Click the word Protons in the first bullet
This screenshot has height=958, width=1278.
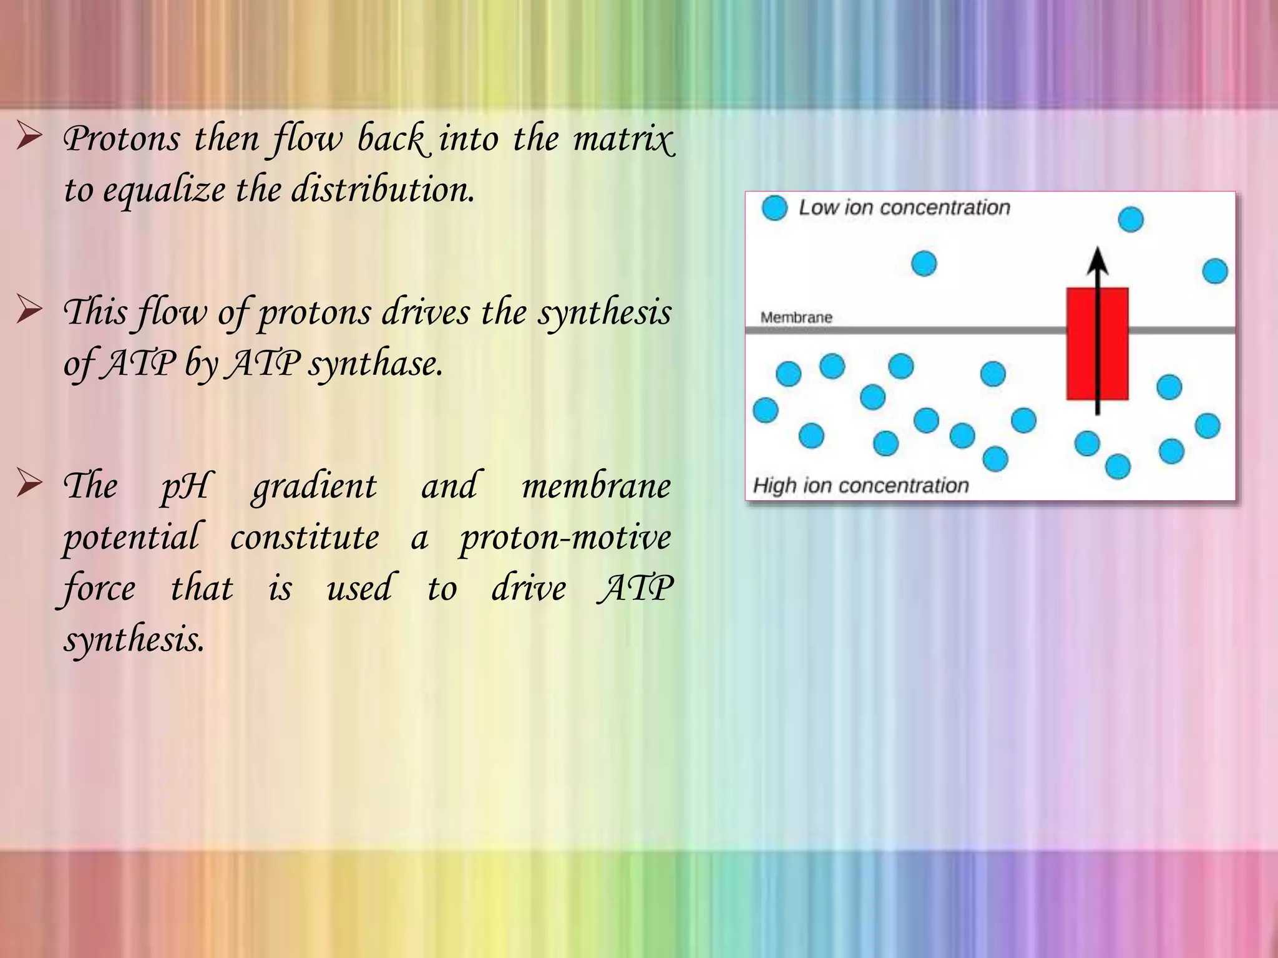point(122,138)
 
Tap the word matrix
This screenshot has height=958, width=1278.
point(623,138)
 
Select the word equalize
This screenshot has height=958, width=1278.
point(164,190)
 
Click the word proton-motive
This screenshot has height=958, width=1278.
point(565,538)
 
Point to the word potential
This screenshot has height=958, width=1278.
point(132,538)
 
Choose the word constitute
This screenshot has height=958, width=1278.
point(305,537)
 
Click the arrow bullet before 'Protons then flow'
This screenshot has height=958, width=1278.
point(29,137)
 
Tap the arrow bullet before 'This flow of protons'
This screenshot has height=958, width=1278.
point(29,310)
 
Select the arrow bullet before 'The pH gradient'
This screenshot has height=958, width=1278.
point(29,483)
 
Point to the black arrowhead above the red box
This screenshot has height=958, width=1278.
point(1097,261)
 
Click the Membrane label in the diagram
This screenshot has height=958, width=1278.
point(796,317)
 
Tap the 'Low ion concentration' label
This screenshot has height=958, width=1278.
point(904,208)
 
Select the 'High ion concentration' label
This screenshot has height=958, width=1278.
point(861,485)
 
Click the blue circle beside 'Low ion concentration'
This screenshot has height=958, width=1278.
point(774,208)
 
